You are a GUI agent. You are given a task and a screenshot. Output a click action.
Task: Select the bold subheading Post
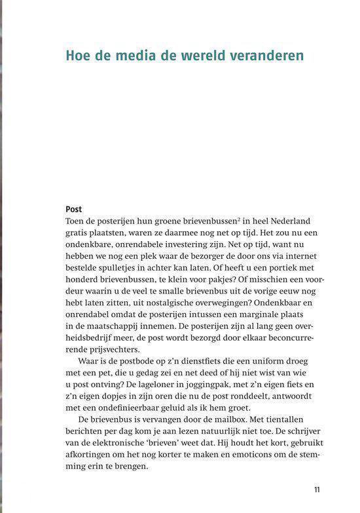tap(74, 209)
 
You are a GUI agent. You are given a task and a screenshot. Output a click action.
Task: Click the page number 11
tap(317, 489)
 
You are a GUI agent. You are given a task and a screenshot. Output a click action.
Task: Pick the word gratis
tap(79, 235)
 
